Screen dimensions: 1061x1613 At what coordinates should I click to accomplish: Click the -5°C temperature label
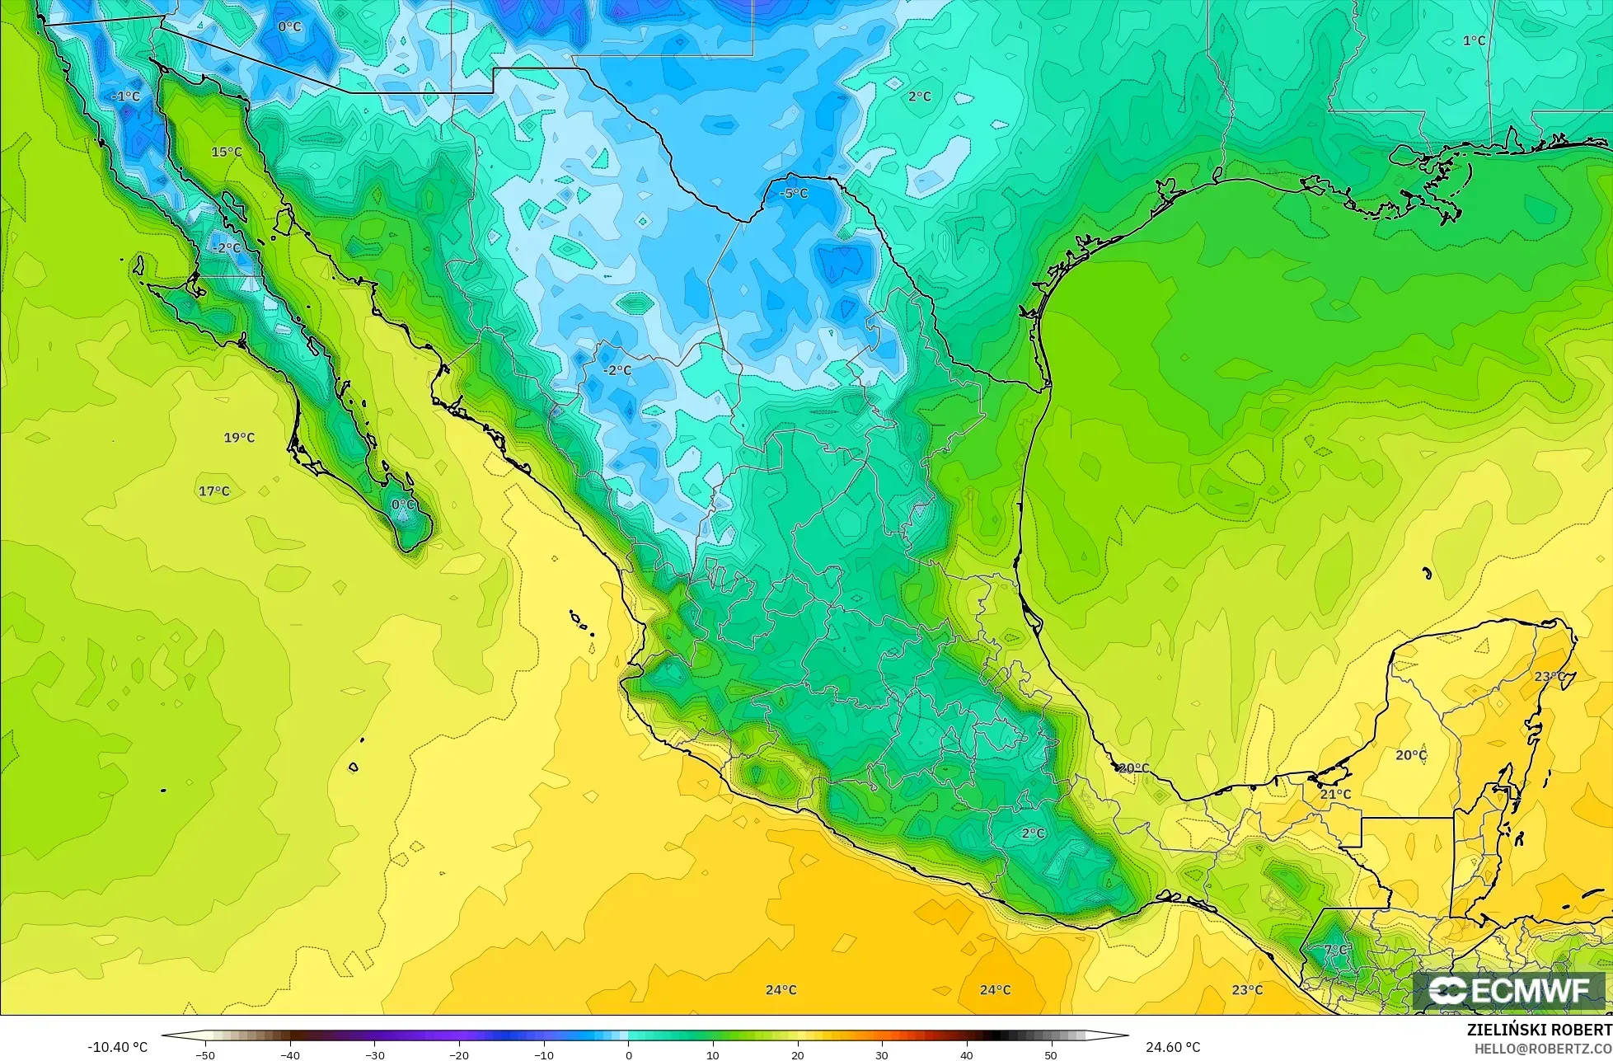point(795,194)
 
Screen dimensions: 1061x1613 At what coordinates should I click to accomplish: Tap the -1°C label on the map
point(126,96)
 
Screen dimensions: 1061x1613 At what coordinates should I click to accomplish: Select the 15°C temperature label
point(227,152)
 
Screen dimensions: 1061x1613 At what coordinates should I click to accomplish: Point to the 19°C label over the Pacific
point(239,438)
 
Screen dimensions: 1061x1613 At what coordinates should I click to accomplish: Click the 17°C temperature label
point(214,491)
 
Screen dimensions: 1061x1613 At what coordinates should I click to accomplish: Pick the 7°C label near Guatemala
point(1335,950)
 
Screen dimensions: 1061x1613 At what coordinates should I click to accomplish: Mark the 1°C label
point(1474,40)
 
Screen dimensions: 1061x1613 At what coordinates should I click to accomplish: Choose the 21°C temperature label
point(1335,794)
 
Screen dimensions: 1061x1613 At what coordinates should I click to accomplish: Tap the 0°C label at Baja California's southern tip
point(403,505)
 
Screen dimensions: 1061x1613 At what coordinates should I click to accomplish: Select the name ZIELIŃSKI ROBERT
point(1539,1030)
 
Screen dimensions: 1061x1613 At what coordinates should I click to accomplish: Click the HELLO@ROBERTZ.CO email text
point(1543,1048)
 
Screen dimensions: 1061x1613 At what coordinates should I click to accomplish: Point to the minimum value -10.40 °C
point(118,1048)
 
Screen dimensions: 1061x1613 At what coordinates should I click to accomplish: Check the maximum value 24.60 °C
point(1173,1048)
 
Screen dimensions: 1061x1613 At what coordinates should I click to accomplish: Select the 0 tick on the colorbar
point(628,1055)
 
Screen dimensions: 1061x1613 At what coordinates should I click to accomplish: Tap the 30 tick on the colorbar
point(882,1055)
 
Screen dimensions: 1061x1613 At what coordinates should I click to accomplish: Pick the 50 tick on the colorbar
point(1051,1055)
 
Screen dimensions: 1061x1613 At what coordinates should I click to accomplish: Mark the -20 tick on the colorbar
point(458,1055)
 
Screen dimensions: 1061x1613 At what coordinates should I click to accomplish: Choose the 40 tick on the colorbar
point(966,1055)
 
